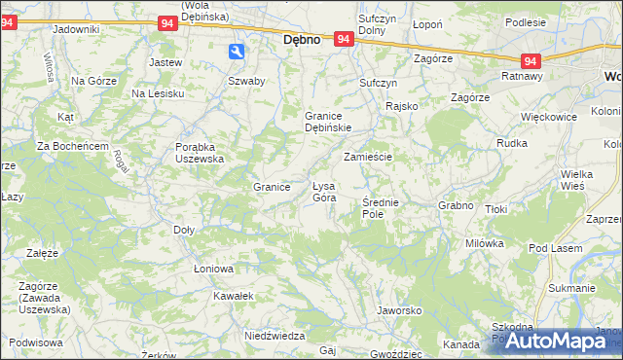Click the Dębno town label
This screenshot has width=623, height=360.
(302, 42)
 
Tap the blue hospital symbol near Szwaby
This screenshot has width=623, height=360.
(238, 53)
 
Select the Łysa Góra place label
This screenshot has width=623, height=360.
(323, 192)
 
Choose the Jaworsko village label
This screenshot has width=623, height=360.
(397, 311)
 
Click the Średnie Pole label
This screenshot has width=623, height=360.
(381, 207)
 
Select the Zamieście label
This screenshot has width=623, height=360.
(367, 157)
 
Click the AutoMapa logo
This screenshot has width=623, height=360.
(550, 341)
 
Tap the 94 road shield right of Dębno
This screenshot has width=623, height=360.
(343, 39)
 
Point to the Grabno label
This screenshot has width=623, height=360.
(456, 206)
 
